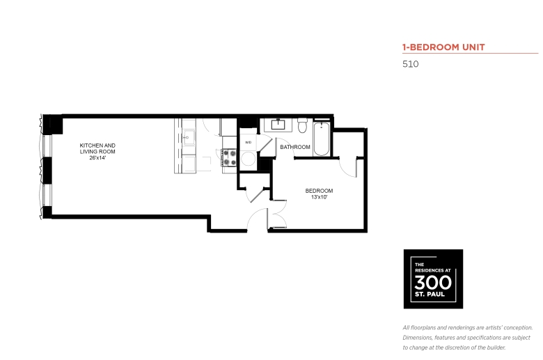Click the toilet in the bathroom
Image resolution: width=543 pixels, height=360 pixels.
click(302, 125)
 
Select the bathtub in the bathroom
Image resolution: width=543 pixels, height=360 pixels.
click(322, 139)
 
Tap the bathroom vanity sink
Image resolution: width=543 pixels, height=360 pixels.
click(278, 125)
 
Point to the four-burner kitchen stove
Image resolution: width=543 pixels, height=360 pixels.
click(229, 157)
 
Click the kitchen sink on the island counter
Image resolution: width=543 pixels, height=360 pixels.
click(189, 137)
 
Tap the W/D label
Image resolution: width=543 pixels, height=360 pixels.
click(248, 143)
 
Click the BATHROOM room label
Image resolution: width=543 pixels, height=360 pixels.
click(295, 147)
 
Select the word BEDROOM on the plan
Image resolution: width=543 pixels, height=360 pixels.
click(319, 191)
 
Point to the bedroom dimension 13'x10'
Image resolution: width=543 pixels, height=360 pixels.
click(319, 197)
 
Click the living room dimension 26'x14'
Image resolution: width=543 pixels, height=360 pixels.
click(97, 157)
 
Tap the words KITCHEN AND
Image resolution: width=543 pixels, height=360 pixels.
click(97, 146)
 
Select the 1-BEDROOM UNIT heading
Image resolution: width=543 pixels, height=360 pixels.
click(443, 47)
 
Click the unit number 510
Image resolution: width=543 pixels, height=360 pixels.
click(410, 64)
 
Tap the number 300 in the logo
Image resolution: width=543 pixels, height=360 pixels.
click(433, 283)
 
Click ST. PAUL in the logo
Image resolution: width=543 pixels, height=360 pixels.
click(430, 295)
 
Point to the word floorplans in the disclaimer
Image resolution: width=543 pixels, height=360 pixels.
click(423, 328)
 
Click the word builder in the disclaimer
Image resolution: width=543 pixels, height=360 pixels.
click(496, 347)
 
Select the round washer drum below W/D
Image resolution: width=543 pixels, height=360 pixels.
click(248, 159)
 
